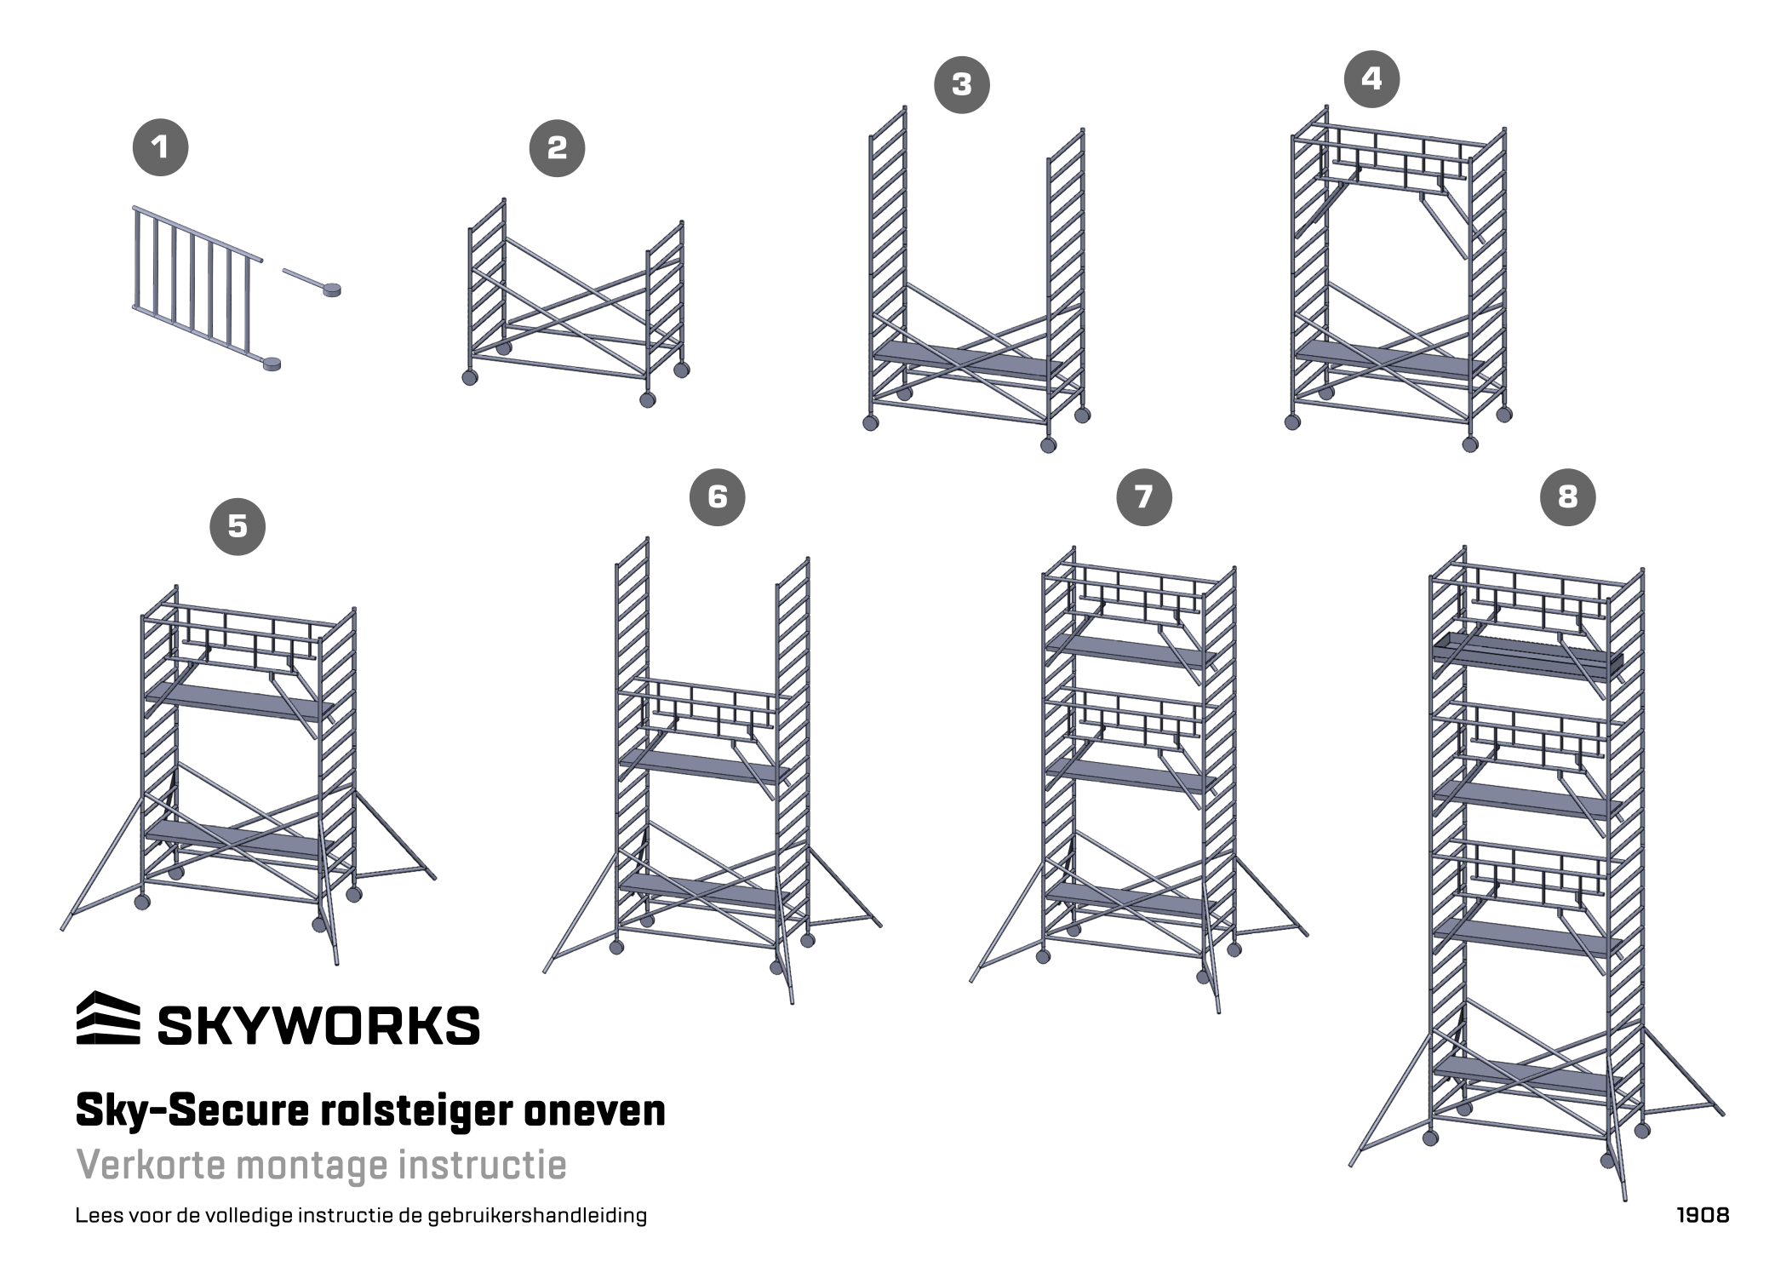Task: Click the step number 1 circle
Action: pyautogui.click(x=160, y=148)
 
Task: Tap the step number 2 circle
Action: pyautogui.click(x=557, y=149)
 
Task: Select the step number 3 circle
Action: pyautogui.click(x=961, y=85)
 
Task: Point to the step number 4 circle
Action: pyautogui.click(x=1371, y=79)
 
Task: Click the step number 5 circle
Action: pyautogui.click(x=238, y=527)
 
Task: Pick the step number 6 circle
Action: pyautogui.click(x=717, y=497)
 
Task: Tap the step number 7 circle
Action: pyautogui.click(x=1143, y=497)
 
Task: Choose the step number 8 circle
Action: pyautogui.click(x=1567, y=497)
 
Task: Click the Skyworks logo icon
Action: pyautogui.click(x=108, y=1018)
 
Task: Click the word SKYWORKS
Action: pyautogui.click(x=318, y=1025)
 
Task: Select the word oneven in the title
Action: pyautogui.click(x=594, y=1110)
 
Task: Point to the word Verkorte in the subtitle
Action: pyautogui.click(x=150, y=1165)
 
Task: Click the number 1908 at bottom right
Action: pyautogui.click(x=1702, y=1215)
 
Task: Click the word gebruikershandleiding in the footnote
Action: pyautogui.click(x=536, y=1216)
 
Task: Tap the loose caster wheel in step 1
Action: pyautogui.click(x=328, y=290)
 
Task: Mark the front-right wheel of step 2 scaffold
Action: pyautogui.click(x=648, y=399)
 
